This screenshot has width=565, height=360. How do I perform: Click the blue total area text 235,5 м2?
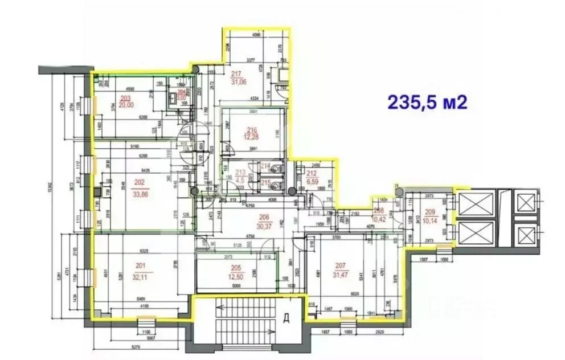(428, 102)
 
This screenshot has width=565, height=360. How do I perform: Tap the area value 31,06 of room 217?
(238, 81)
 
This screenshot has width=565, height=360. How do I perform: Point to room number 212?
(312, 174)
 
